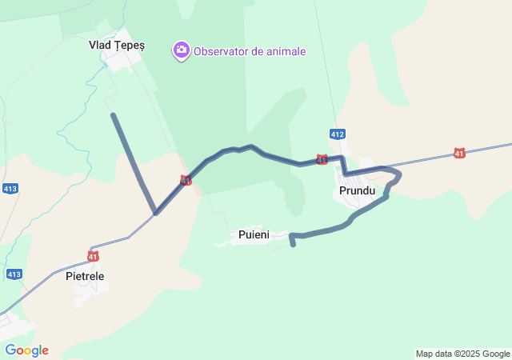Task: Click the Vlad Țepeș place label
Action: (x=117, y=46)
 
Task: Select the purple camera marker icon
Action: (x=182, y=51)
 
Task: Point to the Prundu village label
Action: (x=356, y=192)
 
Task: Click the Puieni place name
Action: (x=254, y=234)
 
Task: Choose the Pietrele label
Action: (x=85, y=276)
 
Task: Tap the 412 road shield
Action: (x=338, y=134)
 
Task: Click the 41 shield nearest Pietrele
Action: (x=94, y=256)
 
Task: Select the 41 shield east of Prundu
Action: (x=459, y=152)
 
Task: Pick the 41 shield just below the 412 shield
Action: (x=322, y=160)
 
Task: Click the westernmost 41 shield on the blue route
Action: (x=186, y=181)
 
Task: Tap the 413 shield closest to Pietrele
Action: (x=14, y=274)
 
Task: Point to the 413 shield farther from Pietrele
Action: (x=10, y=189)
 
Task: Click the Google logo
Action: (x=26, y=350)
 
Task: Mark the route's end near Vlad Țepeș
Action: (x=113, y=115)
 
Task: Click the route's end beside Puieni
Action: (x=294, y=245)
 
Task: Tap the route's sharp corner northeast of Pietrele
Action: (x=156, y=214)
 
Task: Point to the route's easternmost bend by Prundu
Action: (x=399, y=174)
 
